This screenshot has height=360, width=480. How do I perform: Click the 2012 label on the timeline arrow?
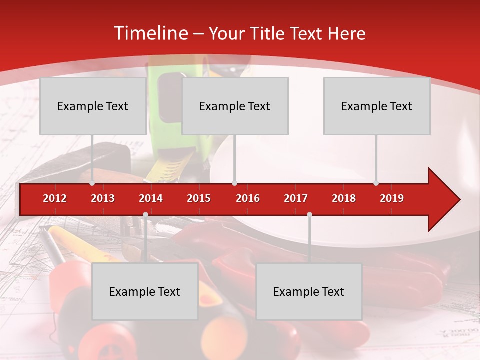(55, 198)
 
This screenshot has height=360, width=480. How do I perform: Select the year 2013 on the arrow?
(103, 198)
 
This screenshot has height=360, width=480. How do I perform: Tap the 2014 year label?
(151, 198)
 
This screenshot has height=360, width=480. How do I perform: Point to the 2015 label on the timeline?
(199, 198)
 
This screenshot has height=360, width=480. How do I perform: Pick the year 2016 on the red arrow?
(248, 198)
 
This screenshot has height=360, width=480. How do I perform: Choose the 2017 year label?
(296, 198)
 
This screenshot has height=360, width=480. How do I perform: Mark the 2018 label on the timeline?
(344, 198)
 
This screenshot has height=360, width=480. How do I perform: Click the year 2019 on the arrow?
(392, 198)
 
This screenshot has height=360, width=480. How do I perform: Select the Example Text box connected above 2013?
(93, 106)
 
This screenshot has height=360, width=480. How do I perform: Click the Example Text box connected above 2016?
(235, 106)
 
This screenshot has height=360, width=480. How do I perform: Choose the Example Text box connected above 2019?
(377, 106)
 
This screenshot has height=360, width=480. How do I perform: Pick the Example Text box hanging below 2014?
(145, 291)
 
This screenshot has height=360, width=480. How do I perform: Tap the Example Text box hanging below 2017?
(309, 291)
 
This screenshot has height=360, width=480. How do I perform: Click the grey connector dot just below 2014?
(145, 215)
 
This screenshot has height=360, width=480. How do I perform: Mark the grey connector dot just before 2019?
(376, 183)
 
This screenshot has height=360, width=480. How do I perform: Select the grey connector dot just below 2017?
(309, 215)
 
